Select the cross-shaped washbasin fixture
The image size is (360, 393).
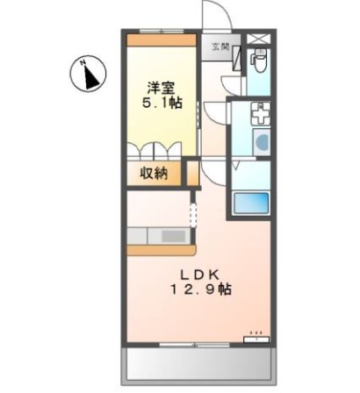click(261, 114)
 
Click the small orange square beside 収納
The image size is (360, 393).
click(191, 172)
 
